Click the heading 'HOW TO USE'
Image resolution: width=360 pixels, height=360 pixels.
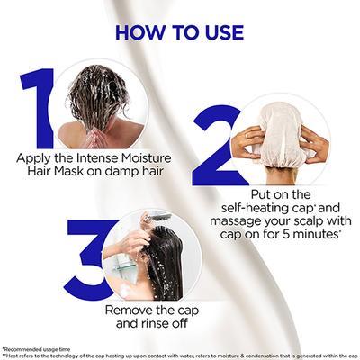[179, 32]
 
